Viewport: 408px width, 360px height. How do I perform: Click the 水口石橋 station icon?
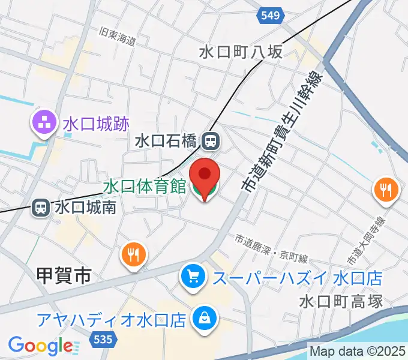211,142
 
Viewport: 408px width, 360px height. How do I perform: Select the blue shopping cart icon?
193,277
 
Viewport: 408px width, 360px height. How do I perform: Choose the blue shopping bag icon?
205,318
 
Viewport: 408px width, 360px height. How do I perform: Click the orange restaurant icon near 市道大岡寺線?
385,190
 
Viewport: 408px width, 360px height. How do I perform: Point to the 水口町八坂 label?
241,52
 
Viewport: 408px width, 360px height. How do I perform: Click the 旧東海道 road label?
119,37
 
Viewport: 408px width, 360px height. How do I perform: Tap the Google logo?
40,346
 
